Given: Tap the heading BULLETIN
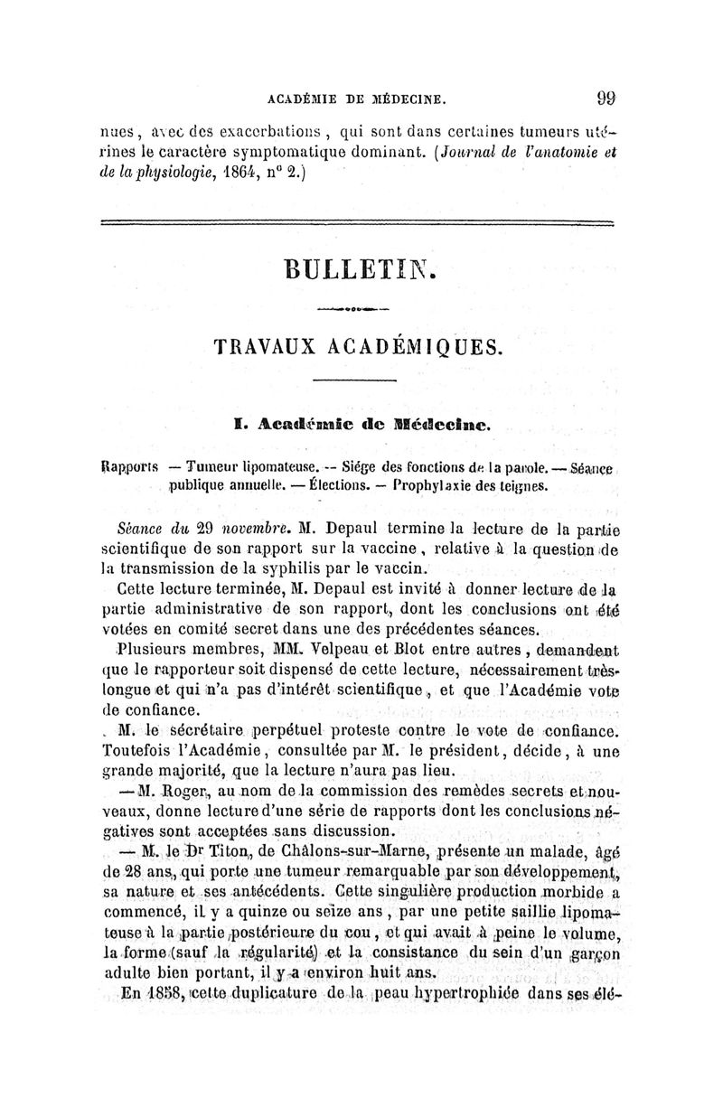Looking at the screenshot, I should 360,269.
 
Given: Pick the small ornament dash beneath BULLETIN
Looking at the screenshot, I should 360,309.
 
